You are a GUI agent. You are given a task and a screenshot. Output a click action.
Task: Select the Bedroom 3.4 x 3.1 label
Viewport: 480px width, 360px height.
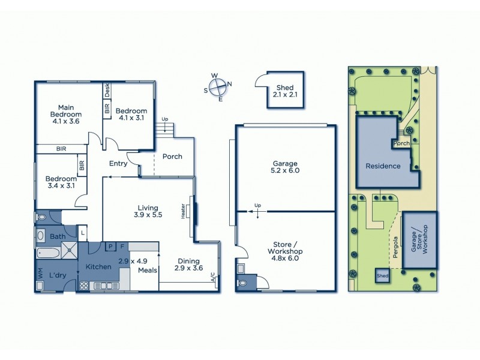click(61, 182)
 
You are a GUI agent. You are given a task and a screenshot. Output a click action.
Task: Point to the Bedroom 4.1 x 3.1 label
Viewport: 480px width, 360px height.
click(131, 115)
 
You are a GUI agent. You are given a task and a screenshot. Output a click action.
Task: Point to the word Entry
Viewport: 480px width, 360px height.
click(119, 163)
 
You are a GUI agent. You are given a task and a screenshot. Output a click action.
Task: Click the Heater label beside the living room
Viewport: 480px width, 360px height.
click(183, 211)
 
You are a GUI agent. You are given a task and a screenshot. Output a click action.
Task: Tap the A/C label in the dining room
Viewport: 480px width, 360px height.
click(214, 278)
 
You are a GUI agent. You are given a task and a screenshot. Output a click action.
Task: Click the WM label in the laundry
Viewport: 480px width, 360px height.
click(40, 274)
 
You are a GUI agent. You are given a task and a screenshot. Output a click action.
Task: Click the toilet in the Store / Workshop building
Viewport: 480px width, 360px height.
click(243, 283)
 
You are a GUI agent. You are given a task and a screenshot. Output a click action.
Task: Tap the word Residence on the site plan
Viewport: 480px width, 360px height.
click(383, 166)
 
